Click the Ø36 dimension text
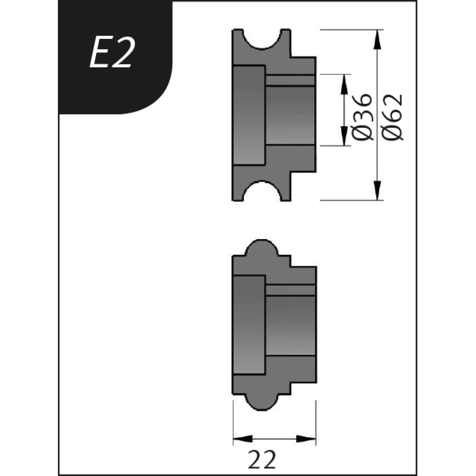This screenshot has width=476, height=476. (362, 117)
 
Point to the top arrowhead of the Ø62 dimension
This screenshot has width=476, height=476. (377, 39)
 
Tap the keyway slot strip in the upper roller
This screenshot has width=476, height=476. (290, 80)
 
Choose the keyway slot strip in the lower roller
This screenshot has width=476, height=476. (290, 290)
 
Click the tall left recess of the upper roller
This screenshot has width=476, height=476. (249, 115)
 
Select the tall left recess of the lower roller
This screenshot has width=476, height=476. (249, 325)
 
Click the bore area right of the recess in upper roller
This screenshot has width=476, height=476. (290, 115)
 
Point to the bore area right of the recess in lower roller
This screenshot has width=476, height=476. (290, 325)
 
